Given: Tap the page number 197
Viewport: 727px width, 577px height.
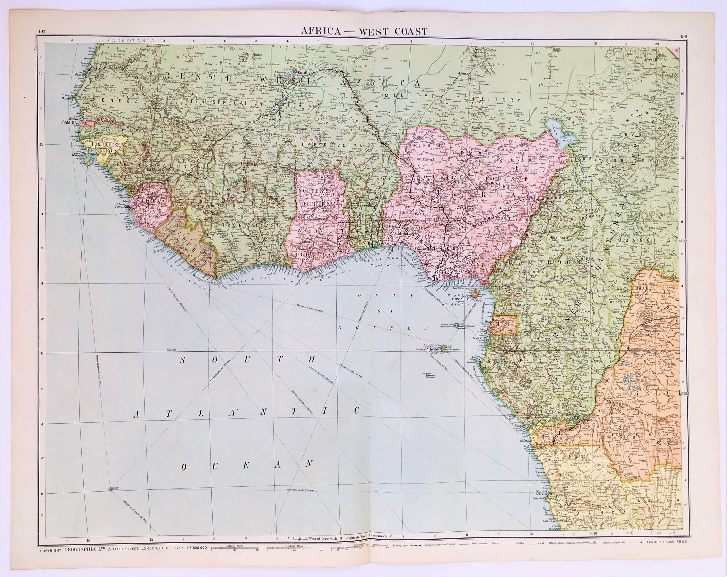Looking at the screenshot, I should tap(42, 32).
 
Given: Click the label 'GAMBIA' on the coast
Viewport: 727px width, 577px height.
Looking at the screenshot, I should tap(70, 123).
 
